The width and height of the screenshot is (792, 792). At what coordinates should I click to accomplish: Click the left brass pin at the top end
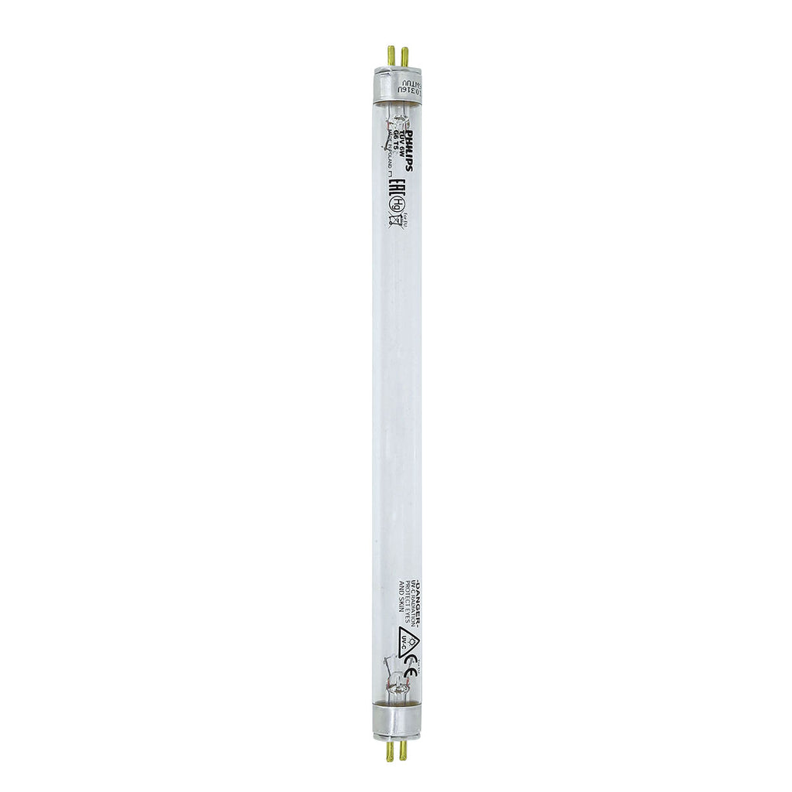(391, 56)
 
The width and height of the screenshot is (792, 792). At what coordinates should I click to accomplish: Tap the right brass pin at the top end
(404, 56)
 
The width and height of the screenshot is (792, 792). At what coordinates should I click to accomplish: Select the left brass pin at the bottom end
(391, 750)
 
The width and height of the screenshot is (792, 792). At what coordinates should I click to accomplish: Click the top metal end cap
(397, 85)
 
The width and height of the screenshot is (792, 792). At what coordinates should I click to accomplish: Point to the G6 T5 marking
(395, 145)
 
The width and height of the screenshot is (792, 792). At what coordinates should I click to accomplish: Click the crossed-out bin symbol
(395, 222)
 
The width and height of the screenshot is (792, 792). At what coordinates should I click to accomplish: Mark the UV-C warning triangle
(408, 641)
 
